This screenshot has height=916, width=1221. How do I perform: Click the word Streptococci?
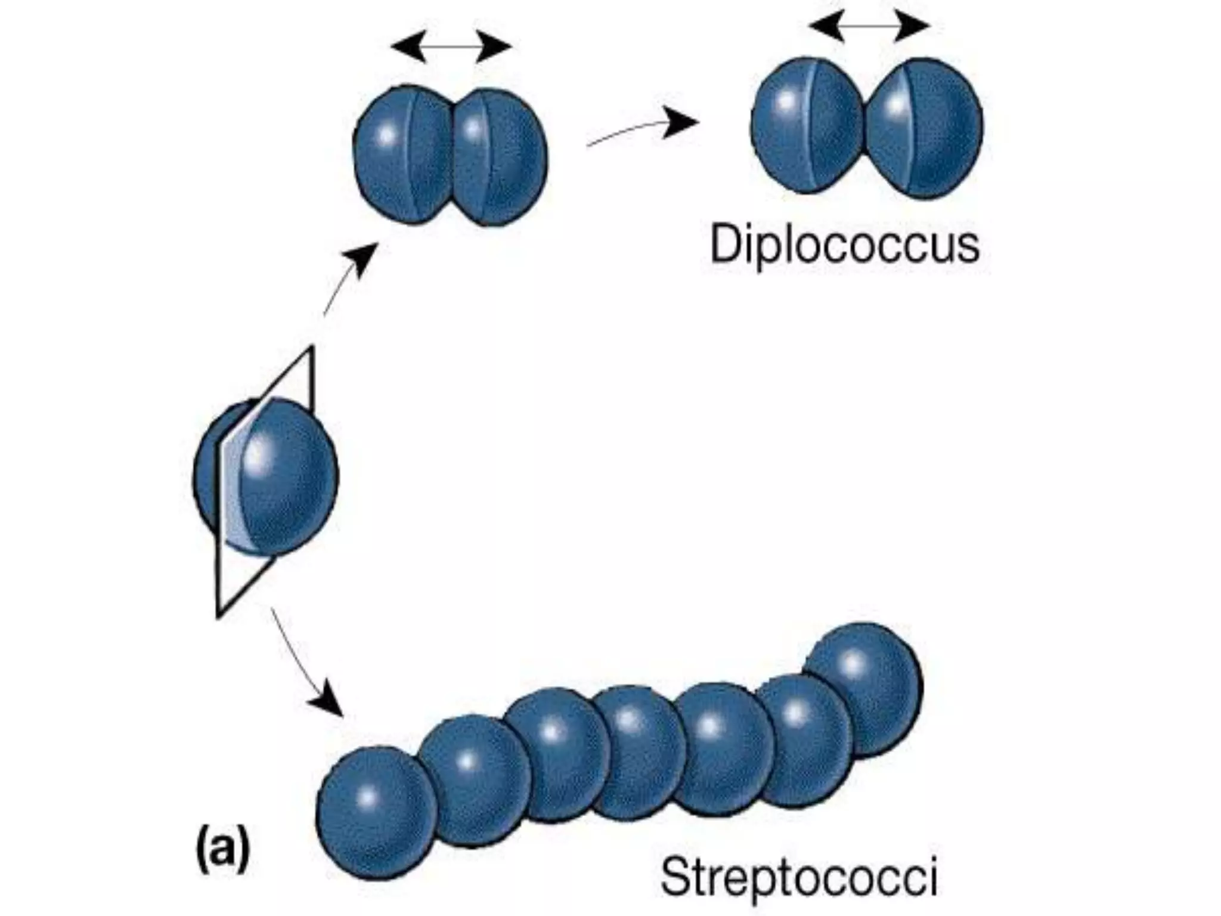click(x=799, y=877)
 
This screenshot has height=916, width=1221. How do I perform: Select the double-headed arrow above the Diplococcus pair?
click(x=869, y=26)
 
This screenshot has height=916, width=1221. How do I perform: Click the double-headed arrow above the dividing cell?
click(x=451, y=47)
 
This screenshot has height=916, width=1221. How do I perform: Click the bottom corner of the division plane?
click(x=219, y=614)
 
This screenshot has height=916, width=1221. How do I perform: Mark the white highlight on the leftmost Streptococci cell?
click(x=368, y=796)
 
